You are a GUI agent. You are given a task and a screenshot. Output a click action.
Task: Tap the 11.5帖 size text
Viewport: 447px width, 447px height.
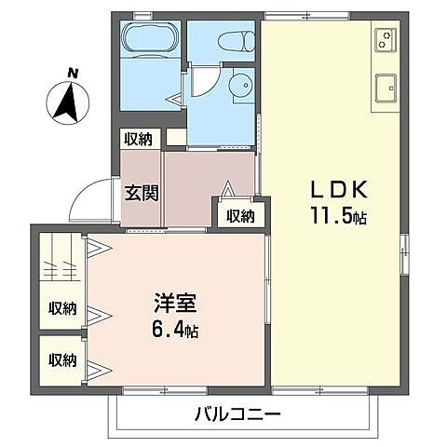tap(337, 218)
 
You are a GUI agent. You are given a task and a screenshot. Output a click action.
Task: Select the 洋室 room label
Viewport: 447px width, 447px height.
tap(174, 305)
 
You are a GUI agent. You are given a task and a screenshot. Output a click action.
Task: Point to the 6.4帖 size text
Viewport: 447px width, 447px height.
tap(175, 330)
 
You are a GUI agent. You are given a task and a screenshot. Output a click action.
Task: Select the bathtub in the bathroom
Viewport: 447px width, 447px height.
tap(150, 40)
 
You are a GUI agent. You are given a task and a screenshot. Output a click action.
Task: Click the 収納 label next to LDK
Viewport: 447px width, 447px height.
tap(240, 216)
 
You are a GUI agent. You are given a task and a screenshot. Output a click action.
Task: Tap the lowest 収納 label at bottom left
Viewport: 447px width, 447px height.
tap(62, 359)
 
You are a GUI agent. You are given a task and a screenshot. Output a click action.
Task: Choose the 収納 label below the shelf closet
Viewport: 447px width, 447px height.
tap(62, 308)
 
